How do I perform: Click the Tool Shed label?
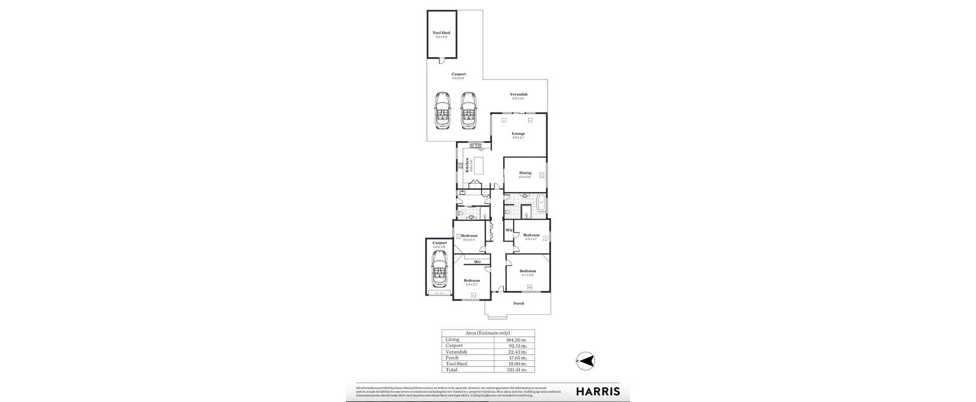441,33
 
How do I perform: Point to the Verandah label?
518,94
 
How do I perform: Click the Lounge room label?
518,134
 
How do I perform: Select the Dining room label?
525,173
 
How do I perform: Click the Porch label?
518,304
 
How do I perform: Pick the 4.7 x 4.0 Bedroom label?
528,271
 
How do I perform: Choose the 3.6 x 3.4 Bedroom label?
469,236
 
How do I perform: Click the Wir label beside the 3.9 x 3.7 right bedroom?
509,231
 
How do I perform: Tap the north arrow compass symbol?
587,361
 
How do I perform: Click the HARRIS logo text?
597,391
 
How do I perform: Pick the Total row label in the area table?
451,370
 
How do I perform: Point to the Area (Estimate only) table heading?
487,333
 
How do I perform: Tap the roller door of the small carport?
439,293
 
